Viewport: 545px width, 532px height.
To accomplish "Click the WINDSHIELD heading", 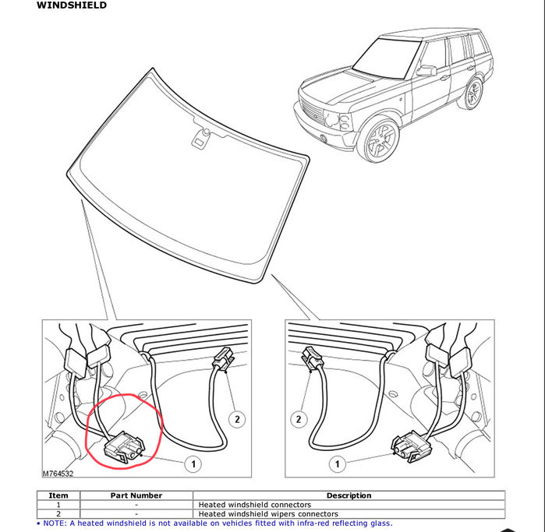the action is [72, 5].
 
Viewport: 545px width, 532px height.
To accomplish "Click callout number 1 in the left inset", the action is [193, 464].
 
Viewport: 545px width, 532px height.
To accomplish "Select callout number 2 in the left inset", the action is [237, 419].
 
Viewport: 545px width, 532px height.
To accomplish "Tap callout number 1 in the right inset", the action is [337, 464].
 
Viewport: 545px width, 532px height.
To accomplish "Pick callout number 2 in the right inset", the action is [299, 419].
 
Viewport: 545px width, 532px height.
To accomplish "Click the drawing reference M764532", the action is [58, 474].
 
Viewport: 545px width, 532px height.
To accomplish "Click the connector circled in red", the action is [124, 447].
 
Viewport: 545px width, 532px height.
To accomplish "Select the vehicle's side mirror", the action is [426, 71].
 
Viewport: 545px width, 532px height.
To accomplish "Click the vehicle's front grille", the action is [312, 111].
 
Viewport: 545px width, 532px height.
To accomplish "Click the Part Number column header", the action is [136, 495].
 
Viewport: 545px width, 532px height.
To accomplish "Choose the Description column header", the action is [349, 495].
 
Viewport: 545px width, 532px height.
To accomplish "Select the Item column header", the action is [58, 495].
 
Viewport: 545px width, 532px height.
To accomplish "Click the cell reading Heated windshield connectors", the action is [254, 505].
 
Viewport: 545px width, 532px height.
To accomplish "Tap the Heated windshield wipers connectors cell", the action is [268, 513].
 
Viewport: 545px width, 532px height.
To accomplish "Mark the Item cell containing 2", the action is [58, 513].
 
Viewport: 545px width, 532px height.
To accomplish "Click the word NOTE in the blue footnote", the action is [55, 523].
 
